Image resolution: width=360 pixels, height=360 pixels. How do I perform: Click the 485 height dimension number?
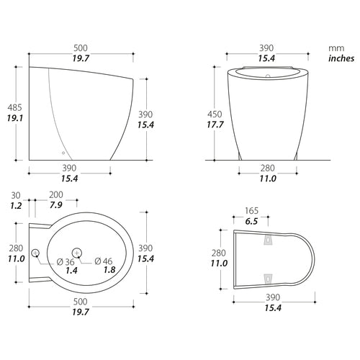(14, 107)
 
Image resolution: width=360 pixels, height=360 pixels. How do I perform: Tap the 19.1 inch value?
(14, 118)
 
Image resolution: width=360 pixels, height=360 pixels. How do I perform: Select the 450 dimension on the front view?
(215, 114)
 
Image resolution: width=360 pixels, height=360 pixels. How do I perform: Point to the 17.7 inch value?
(215, 125)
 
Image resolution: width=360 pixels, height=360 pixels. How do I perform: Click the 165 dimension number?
(251, 211)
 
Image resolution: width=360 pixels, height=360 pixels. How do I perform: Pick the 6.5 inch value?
(251, 221)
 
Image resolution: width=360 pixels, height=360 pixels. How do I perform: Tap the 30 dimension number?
(16, 195)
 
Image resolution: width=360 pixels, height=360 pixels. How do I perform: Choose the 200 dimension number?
(56, 194)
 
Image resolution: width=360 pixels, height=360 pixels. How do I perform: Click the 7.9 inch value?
(56, 205)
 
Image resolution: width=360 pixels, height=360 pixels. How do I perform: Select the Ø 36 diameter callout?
(66, 262)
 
